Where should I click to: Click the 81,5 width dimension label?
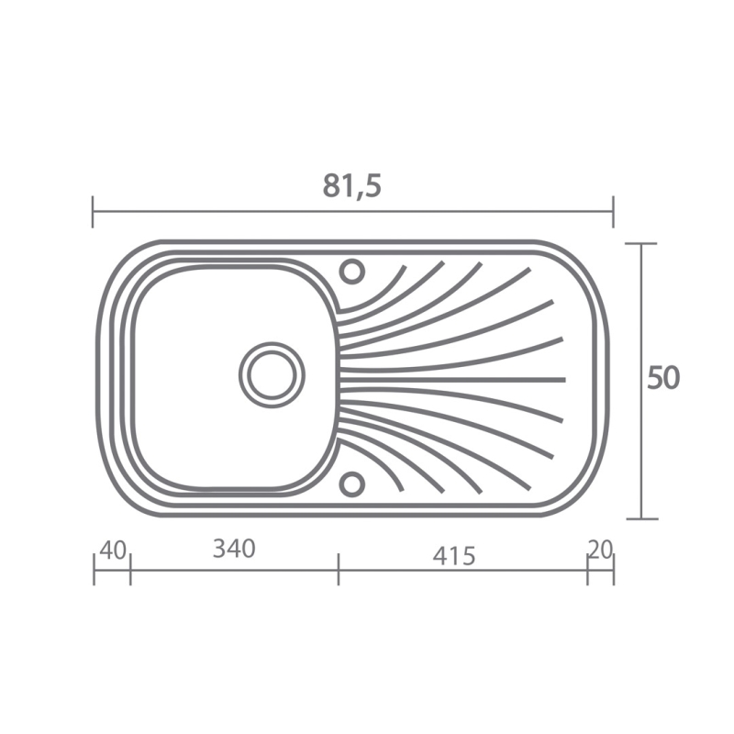point(352,186)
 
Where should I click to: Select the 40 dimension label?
point(113,550)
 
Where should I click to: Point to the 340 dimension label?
point(234,548)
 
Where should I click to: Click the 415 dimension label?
point(453,556)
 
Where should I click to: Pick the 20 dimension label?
point(600,550)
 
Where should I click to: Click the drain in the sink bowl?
point(272,375)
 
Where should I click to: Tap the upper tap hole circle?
point(352,271)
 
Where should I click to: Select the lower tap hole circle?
point(351,484)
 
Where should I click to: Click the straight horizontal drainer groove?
point(452,379)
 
